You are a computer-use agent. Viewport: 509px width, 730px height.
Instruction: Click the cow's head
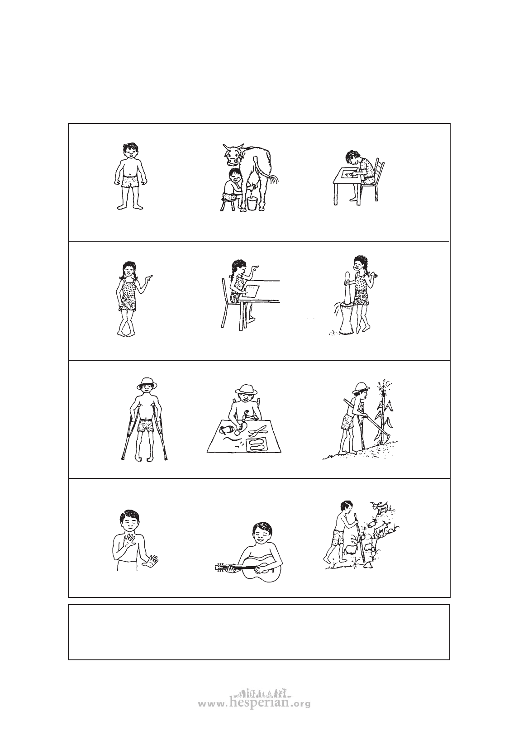[233, 154]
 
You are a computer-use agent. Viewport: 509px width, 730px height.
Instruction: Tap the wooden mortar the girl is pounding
[346, 317]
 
